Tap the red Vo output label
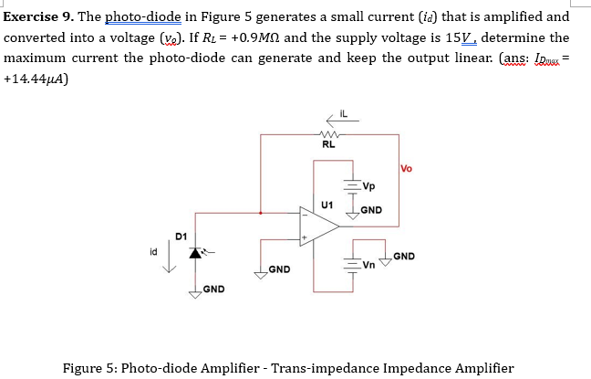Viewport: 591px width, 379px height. coord(407,167)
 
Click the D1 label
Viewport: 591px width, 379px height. coord(181,236)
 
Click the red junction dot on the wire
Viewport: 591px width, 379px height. coord(261,214)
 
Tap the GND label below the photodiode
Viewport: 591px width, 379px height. coord(214,290)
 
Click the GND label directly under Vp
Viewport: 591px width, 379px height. coord(371,210)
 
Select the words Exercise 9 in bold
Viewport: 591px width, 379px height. coord(40,16)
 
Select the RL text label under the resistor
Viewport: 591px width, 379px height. coord(328,143)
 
